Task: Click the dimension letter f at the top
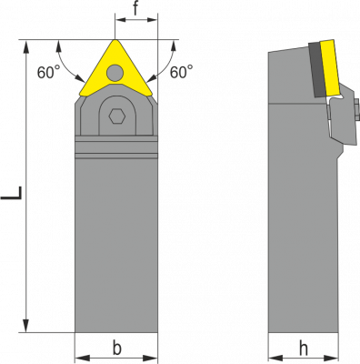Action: point(135,9)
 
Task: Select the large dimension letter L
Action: point(12,193)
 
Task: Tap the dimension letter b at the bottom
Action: point(117,348)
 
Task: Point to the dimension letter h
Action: point(304,349)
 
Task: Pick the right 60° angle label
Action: point(181,72)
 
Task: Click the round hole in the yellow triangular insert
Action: point(115,73)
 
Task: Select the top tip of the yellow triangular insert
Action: point(115,40)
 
